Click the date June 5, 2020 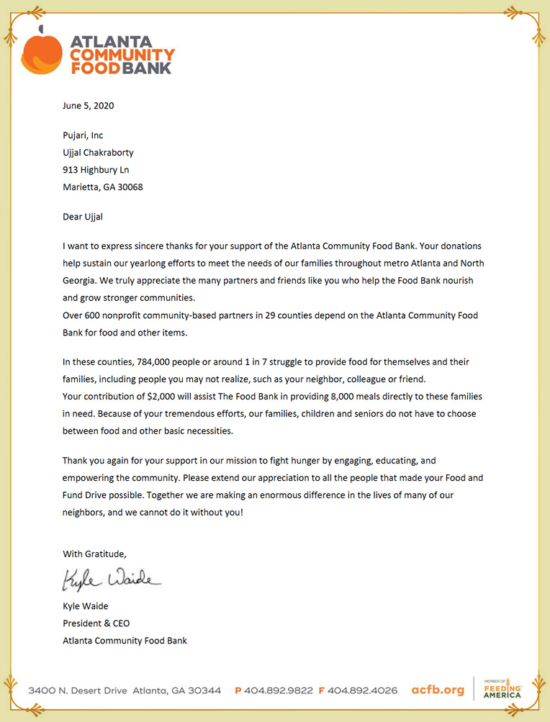click(88, 106)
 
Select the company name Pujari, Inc click(83, 135)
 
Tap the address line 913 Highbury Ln click(96, 170)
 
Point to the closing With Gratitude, click(94, 554)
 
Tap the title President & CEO click(96, 623)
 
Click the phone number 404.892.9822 click(278, 690)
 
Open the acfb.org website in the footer click(437, 690)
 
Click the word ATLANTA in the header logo click(111, 41)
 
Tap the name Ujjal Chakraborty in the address click(98, 153)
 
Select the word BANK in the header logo click(147, 68)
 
